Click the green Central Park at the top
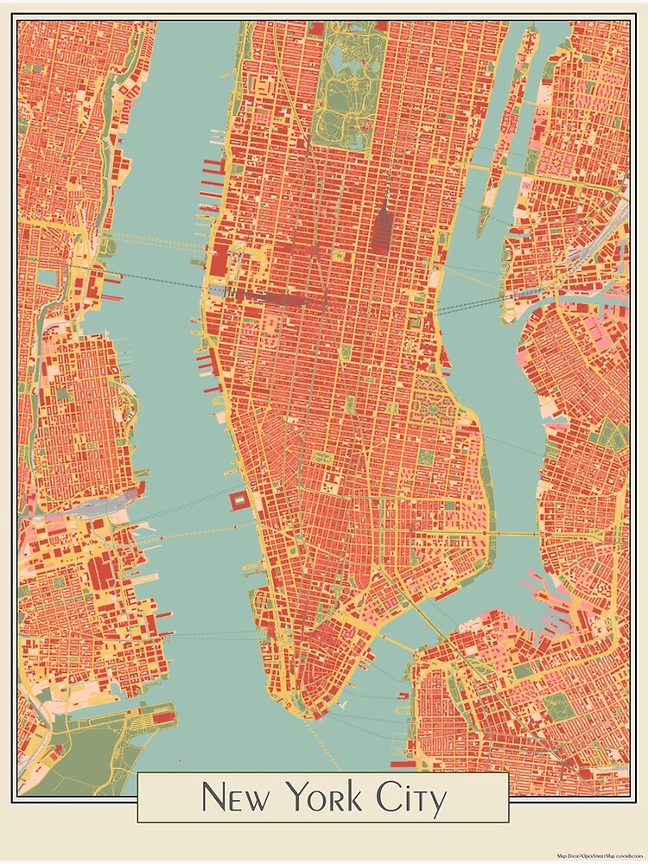346,86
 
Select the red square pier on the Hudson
238,500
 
